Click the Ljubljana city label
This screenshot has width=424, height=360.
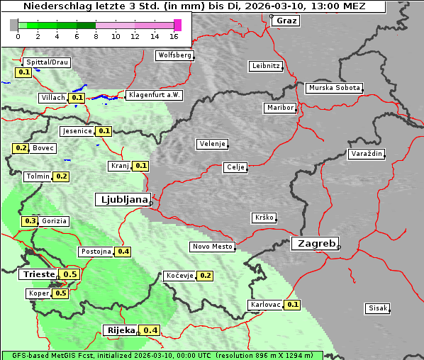pos(122,200)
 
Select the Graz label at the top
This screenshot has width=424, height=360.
pos(286,21)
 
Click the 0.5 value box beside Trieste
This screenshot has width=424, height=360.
pos(70,274)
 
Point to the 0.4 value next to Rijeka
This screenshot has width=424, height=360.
pos(150,330)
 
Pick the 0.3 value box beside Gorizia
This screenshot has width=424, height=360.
pos(30,221)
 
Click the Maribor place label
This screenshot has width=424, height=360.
pos(279,108)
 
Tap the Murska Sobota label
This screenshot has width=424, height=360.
pos(334,88)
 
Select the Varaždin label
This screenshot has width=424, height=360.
pos(366,154)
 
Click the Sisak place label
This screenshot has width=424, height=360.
pos(377,308)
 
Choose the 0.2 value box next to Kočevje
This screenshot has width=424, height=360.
pos(205,276)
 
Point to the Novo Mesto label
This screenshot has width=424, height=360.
pos(212,247)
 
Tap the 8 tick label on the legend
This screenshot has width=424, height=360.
pos(96,36)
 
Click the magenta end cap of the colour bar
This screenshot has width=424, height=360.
pos(177,25)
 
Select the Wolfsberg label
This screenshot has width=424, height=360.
pos(174,55)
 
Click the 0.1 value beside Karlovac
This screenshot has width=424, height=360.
pos(292,305)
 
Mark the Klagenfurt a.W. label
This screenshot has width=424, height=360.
pos(154,95)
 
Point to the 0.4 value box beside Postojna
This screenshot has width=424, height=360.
pos(123,252)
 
